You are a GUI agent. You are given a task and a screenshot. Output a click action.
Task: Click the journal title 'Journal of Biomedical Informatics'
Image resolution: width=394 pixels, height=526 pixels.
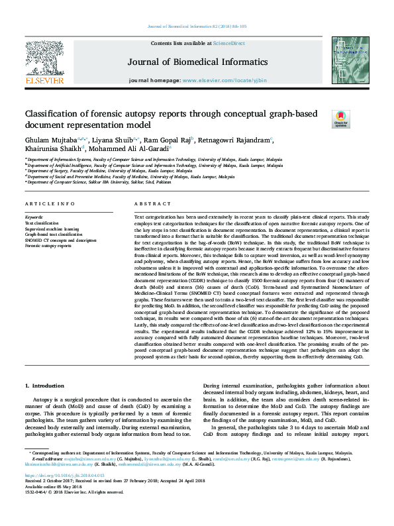tap(198, 62)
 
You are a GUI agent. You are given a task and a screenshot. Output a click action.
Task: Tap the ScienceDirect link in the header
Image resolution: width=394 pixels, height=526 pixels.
tap(228, 42)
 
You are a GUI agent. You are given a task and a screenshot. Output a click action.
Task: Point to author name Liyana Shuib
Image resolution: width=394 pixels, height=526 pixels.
tap(107, 140)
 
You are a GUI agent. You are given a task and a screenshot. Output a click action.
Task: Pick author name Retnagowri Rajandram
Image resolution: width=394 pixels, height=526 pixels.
tap(229, 140)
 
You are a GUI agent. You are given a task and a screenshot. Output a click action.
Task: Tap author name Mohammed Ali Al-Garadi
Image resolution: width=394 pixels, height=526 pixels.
tap(128, 150)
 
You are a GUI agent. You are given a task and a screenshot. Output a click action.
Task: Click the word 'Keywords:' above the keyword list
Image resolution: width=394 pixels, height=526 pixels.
tap(34, 217)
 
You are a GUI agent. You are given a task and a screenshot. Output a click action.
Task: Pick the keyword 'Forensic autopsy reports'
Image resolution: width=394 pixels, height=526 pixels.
tap(48, 245)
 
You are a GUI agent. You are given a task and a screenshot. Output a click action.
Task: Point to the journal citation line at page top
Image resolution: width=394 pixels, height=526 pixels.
tap(197, 26)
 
